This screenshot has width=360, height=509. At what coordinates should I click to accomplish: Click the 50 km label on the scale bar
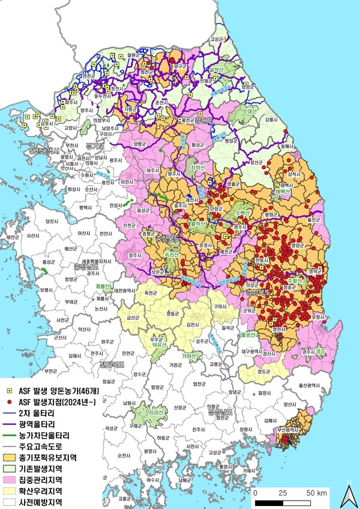coord(316,493)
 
